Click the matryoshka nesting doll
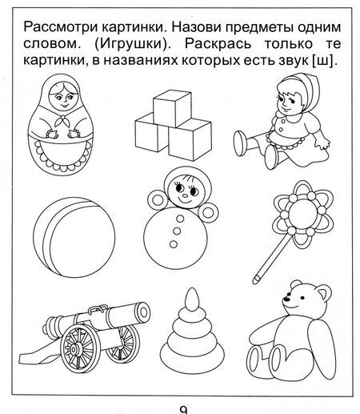coord(61,126)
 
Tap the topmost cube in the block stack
coord(172,107)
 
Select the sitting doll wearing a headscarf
coord(282,122)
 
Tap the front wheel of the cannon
coord(78,348)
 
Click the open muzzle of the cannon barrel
coord(144,312)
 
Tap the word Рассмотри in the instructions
coord(61,28)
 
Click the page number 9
coord(183,410)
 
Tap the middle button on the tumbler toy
coord(176,231)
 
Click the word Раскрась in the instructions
coord(218,44)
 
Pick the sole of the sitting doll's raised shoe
coord(239,143)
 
